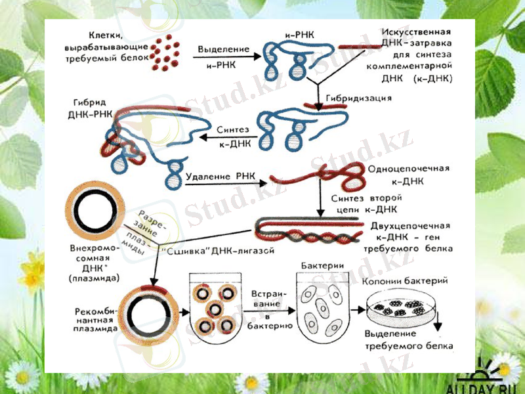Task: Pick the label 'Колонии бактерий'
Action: [405, 281]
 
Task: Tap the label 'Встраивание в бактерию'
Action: [267, 308]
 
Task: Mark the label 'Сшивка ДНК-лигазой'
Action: [217, 251]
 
